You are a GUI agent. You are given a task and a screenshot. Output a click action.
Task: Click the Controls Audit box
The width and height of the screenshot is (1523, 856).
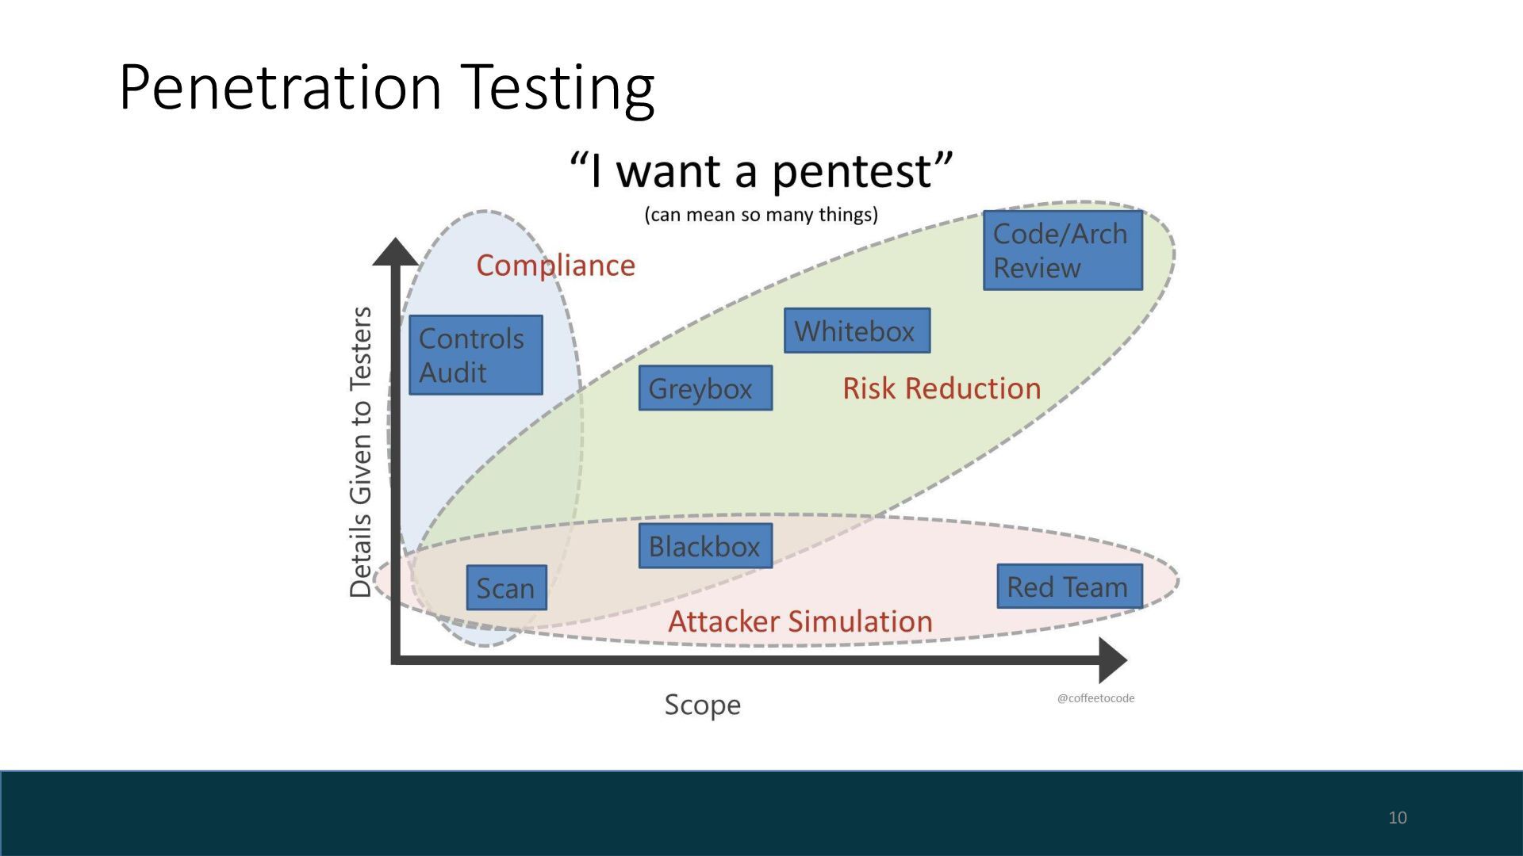point(475,355)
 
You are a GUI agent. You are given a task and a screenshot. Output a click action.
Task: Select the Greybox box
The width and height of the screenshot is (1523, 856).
point(704,388)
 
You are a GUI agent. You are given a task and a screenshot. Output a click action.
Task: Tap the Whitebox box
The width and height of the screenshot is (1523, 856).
point(857,331)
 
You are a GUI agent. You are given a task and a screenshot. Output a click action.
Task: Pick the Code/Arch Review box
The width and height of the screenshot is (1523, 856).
point(1062,250)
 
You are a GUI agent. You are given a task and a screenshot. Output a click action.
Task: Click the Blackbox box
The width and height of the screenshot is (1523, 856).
point(704,545)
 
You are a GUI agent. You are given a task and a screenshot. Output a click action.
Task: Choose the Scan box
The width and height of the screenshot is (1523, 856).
point(506,587)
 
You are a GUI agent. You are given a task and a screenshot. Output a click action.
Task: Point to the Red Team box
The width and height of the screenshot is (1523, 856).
point(1068,587)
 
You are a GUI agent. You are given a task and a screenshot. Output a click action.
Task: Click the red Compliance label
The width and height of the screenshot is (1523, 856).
point(555,266)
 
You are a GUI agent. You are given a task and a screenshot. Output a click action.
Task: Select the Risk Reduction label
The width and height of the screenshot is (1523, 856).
point(942,388)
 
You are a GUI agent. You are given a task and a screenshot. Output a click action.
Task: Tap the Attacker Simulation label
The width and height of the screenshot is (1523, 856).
point(800,621)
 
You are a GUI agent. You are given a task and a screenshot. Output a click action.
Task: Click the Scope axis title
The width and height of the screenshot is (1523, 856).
point(702,705)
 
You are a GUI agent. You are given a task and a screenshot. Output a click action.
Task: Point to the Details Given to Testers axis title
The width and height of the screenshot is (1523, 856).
point(361,452)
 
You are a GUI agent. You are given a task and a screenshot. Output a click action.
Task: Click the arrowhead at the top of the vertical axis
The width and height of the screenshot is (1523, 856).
point(395,251)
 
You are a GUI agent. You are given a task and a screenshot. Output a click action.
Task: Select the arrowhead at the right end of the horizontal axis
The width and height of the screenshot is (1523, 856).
point(1112,659)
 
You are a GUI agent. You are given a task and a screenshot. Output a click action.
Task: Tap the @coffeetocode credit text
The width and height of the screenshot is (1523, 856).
point(1095,698)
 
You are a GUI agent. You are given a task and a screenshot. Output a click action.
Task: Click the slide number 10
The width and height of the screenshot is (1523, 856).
point(1397,817)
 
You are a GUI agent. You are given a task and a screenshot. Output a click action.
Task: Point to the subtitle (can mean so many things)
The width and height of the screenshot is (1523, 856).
point(761,215)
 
